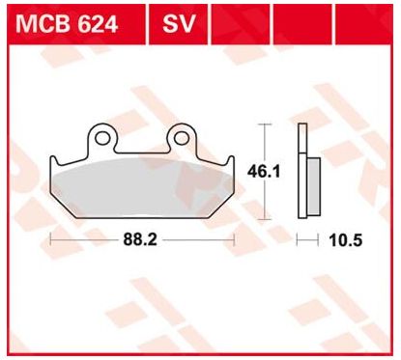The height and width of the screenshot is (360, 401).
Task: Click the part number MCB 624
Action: (x=67, y=23)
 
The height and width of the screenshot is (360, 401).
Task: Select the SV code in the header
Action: (x=179, y=23)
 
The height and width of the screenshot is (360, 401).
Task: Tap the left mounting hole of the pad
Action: (x=102, y=138)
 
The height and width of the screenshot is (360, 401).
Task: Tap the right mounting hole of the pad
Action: (x=181, y=138)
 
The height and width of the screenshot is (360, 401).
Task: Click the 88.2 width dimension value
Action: (x=140, y=239)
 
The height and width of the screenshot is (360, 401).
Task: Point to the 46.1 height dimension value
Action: (x=264, y=172)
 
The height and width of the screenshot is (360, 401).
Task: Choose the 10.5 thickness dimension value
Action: (x=346, y=240)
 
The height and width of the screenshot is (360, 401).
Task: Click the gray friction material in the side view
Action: (x=314, y=186)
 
